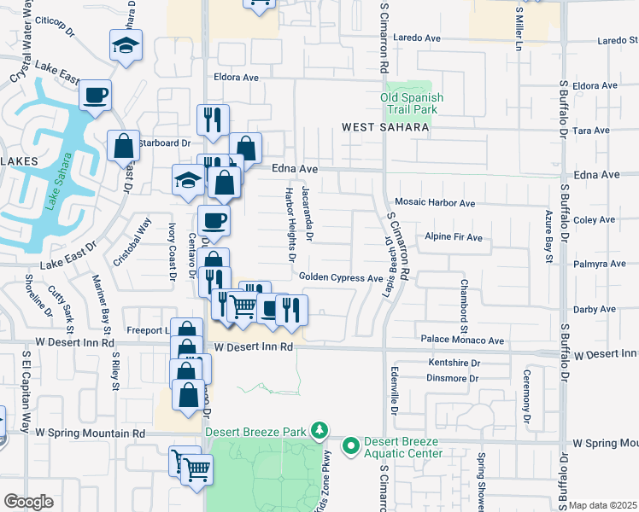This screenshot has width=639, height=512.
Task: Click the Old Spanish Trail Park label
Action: tap(412, 103)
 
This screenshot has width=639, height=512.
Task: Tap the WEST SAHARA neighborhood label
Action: tap(385, 127)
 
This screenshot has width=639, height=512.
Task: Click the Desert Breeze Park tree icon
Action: tap(319, 428)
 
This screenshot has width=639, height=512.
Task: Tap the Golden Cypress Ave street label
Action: tap(341, 277)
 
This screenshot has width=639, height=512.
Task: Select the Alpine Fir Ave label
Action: tap(454, 237)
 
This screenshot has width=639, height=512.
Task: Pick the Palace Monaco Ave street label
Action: tap(462, 340)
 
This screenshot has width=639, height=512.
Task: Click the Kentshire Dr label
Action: tap(454, 363)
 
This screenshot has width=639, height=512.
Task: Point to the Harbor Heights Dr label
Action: tap(290, 224)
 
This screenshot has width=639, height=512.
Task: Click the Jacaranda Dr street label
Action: tap(308, 213)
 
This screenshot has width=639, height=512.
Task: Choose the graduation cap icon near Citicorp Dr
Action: tap(126, 46)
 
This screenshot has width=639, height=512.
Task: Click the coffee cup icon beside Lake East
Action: tap(95, 95)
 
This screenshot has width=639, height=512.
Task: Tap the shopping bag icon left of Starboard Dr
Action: tap(124, 146)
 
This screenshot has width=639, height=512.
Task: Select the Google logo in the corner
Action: tap(28, 502)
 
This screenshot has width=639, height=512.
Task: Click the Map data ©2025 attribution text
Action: tap(602, 505)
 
